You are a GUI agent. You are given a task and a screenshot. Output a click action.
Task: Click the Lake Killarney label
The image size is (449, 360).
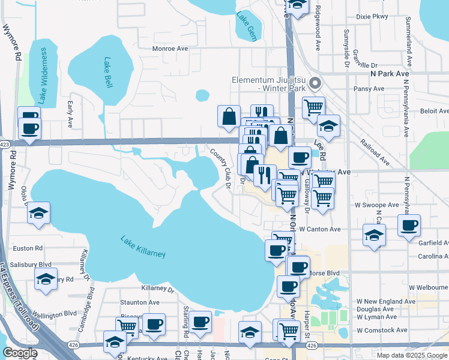click(x=143, y=247)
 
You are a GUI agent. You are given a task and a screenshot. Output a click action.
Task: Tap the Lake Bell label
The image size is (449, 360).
click(x=109, y=72)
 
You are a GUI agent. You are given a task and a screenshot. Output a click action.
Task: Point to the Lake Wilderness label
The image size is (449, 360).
click(x=43, y=74)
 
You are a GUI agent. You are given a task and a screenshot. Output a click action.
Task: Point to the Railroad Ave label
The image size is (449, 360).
click(x=374, y=154)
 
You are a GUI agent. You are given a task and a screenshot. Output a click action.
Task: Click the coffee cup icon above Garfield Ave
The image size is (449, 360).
click(x=409, y=225)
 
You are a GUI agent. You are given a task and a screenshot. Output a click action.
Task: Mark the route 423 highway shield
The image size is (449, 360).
click(x=5, y=145)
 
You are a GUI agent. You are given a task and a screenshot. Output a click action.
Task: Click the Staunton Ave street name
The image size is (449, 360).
click(x=139, y=303)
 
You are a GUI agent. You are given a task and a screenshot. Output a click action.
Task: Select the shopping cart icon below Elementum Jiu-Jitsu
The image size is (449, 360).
click(x=313, y=107)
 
